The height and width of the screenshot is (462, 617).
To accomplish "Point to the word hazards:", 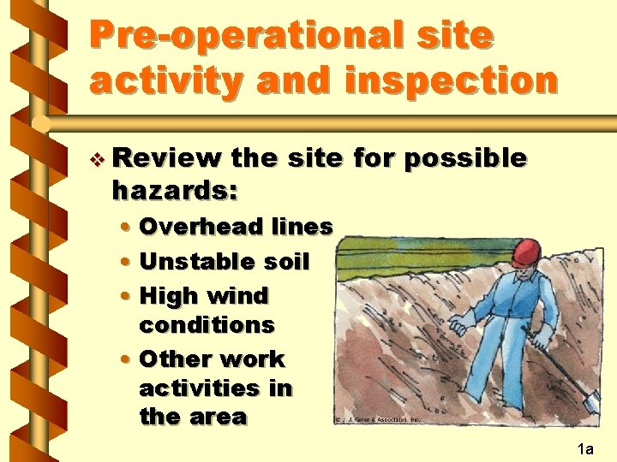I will coord(174,192).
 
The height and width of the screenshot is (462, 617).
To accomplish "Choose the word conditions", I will coord(207,325).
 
